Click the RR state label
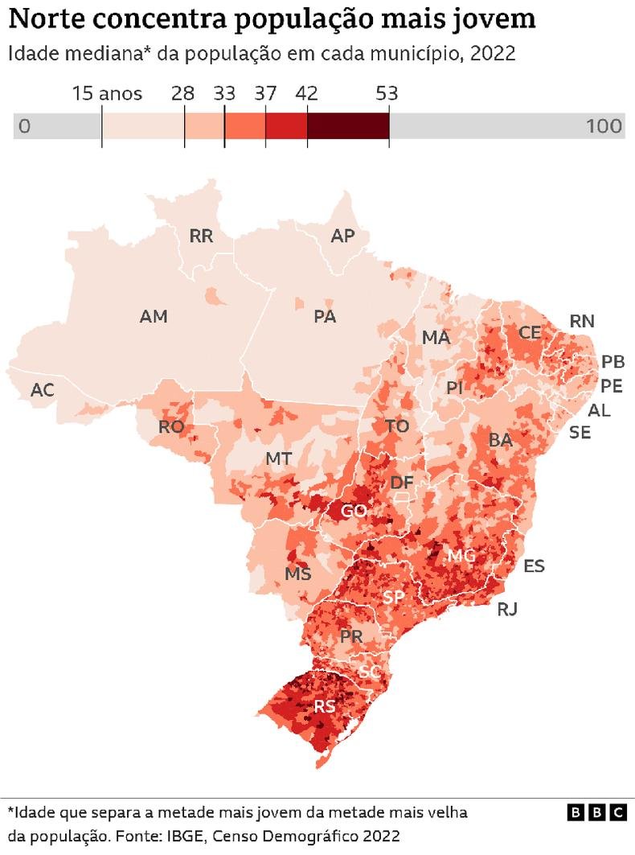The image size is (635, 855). (x=201, y=236)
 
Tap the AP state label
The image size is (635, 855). (x=342, y=236)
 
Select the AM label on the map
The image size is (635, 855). (x=154, y=317)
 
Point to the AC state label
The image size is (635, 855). (x=43, y=390)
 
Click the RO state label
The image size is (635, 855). (x=171, y=427)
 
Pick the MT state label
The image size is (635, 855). (x=278, y=459)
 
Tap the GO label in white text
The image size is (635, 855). (x=354, y=512)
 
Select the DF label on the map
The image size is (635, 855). (x=402, y=483)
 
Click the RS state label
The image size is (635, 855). (x=324, y=707)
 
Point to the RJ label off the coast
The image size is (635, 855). (x=507, y=609)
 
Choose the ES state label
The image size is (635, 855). (x=534, y=566)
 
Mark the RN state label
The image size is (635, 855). (x=582, y=321)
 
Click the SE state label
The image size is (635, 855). (x=580, y=433)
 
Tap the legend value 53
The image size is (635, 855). (x=388, y=93)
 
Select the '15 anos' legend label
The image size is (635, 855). (x=107, y=93)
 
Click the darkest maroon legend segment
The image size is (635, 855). (x=347, y=126)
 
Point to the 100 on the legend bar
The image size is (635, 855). (x=604, y=126)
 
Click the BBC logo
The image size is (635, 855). (x=597, y=813)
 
